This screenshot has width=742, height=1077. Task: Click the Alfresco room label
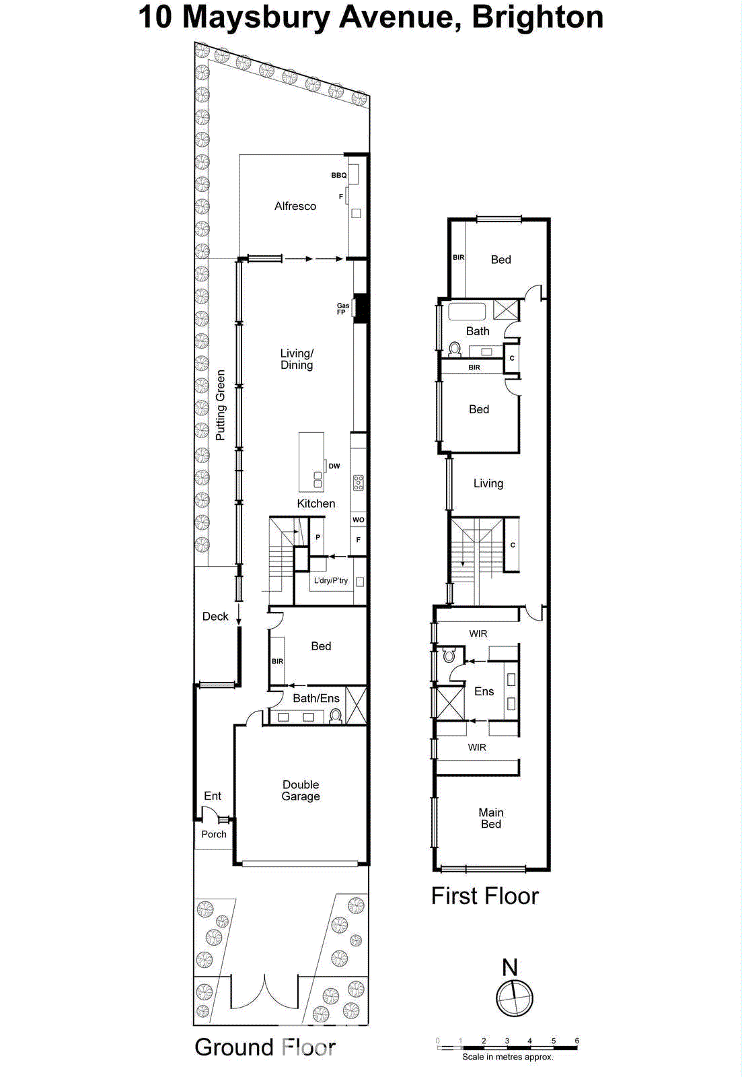(295, 206)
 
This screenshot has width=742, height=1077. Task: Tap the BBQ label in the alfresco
(338, 175)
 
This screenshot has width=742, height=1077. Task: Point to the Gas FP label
(342, 309)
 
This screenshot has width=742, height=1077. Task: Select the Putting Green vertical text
(220, 405)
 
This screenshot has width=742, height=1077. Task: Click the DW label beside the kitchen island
(334, 466)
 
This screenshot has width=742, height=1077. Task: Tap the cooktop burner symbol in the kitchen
(359, 482)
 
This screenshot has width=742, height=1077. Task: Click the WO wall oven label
(359, 520)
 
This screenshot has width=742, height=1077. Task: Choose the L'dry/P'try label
(331, 580)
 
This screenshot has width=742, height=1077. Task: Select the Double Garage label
(301, 790)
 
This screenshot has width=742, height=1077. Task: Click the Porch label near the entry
(214, 834)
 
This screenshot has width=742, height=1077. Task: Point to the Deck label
(215, 616)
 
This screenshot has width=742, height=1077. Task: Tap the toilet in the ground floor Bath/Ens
(336, 716)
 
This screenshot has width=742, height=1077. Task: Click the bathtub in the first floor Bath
(467, 312)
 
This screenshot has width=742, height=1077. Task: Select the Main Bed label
(491, 818)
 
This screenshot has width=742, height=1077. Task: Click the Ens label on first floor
(484, 691)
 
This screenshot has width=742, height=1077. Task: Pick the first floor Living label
(488, 483)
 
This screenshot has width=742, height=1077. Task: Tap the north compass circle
(515, 998)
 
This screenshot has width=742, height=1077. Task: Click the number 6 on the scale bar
(577, 1041)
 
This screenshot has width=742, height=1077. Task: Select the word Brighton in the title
(537, 17)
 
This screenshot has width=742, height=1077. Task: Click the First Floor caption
(484, 896)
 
